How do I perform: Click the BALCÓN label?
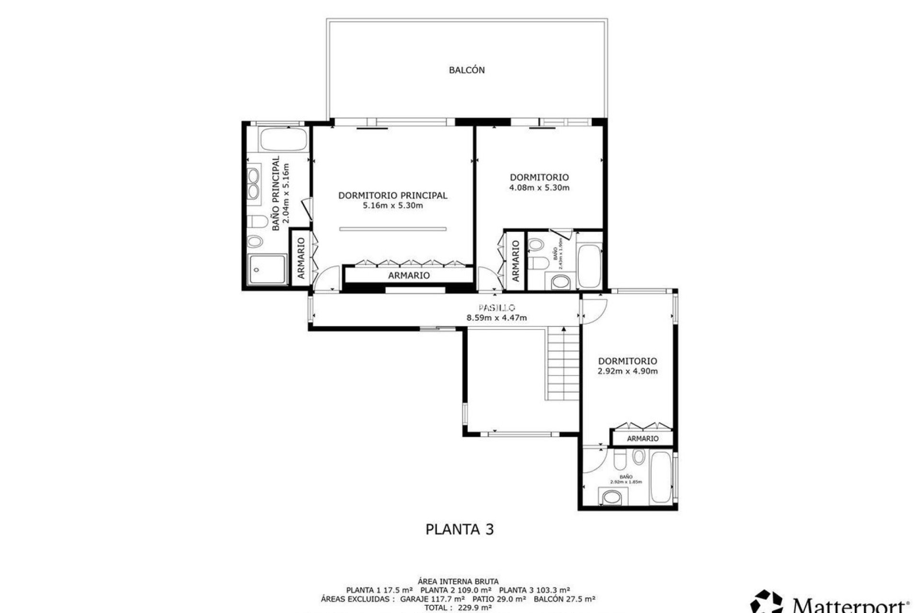(467, 70)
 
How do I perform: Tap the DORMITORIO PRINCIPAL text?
(393, 195)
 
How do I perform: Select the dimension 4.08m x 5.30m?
(539, 188)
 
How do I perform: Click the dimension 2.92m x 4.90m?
(628, 371)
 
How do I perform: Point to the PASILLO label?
(496, 307)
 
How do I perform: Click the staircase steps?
(563, 364)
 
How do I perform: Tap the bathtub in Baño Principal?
(282, 139)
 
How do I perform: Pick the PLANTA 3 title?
(460, 529)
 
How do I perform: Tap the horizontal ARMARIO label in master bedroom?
(409, 275)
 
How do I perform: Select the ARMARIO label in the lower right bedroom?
(643, 438)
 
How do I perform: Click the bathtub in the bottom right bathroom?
(661, 477)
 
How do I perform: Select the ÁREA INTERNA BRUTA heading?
(458, 581)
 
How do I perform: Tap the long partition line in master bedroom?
(393, 229)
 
